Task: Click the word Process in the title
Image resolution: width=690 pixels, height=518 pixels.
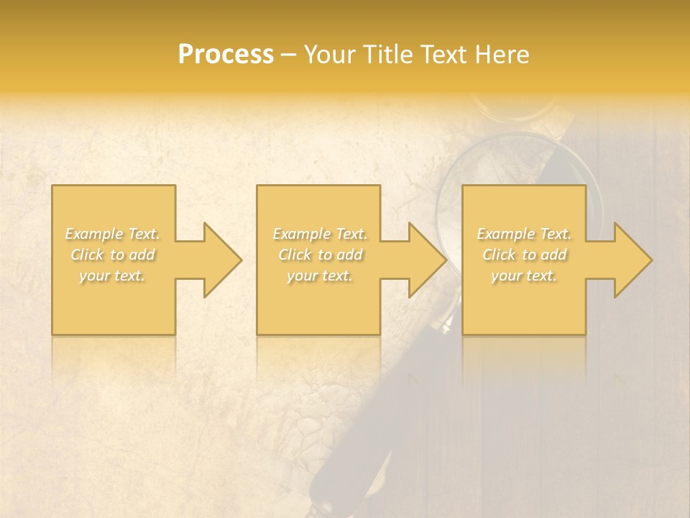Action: [x=226, y=55]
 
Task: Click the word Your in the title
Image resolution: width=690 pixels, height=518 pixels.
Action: [x=329, y=55]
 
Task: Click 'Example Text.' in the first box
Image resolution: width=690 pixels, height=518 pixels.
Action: [x=112, y=234]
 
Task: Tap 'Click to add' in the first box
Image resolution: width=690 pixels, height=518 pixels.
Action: [x=112, y=255]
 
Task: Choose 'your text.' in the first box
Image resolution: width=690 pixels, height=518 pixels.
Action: [x=112, y=276]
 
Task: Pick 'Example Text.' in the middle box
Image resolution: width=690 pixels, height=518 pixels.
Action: [x=319, y=234]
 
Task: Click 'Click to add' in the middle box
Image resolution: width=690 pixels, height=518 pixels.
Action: [x=319, y=255]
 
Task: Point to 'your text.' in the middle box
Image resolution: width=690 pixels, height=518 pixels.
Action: [x=319, y=276]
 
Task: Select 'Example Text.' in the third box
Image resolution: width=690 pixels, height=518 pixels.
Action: [x=524, y=234]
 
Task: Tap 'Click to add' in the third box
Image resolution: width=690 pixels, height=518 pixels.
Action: [x=524, y=255]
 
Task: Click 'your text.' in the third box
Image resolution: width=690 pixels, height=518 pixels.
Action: [x=524, y=276]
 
